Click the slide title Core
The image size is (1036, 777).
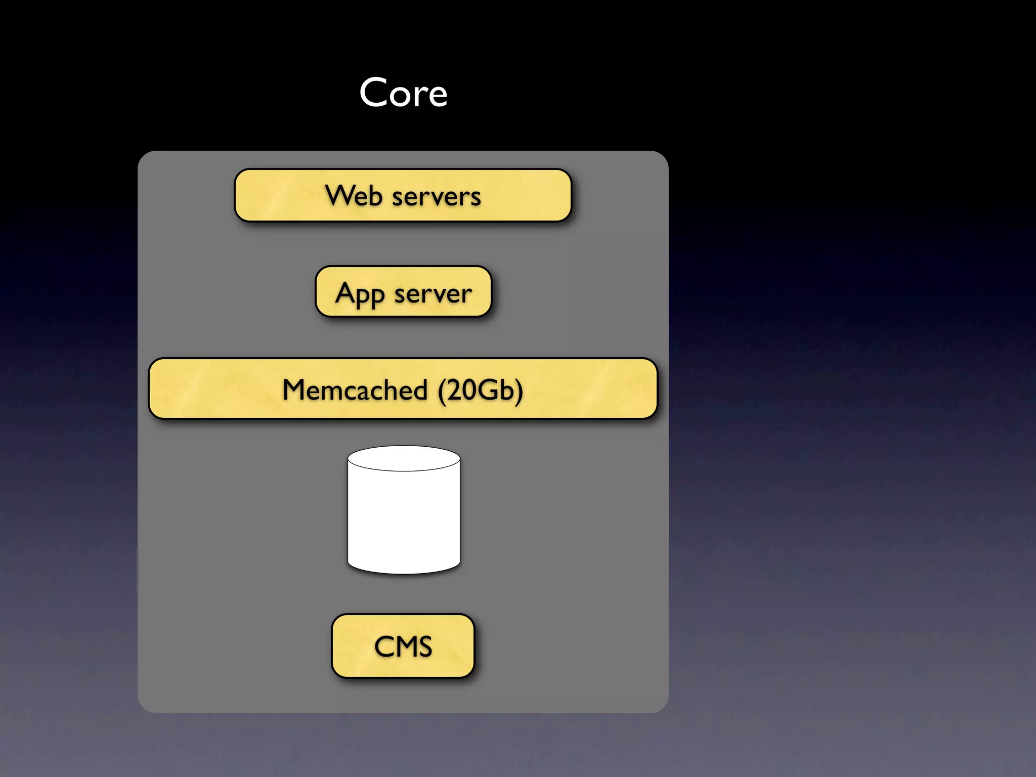[x=403, y=93]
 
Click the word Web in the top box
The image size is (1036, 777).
[x=353, y=196]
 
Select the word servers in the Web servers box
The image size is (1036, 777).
[x=436, y=197]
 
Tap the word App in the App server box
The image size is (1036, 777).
[x=360, y=294]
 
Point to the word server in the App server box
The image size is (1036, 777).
[x=433, y=294]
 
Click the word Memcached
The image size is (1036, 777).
[x=355, y=390]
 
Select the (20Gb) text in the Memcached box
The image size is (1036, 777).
[x=480, y=390]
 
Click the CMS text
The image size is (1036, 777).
[x=403, y=646]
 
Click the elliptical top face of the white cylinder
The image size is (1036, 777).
[x=404, y=458]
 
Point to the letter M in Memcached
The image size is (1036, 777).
[x=294, y=390]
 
